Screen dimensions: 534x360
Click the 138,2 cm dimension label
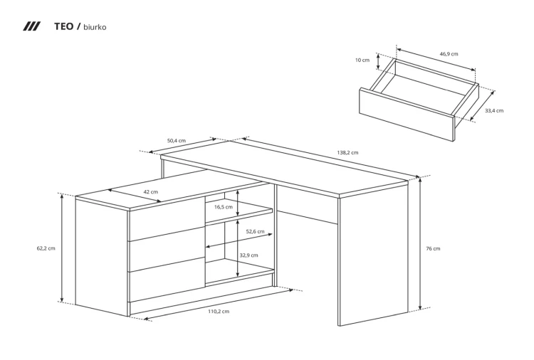point(347,152)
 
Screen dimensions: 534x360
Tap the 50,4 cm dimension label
point(177,141)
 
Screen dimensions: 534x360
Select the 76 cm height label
point(433,248)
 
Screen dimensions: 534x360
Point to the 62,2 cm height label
point(46,248)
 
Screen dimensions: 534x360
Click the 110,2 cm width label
point(219,312)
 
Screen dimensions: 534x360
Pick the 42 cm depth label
point(150,191)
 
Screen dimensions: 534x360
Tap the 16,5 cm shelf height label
point(224,207)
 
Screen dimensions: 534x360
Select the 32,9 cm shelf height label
point(248,255)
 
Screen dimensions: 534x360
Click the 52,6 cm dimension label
point(255,231)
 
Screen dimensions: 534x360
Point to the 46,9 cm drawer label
point(449,54)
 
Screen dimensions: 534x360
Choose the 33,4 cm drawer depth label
point(494,110)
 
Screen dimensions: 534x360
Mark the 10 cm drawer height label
point(362,60)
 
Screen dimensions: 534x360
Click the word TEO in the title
point(63,26)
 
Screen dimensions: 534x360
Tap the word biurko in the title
point(95,27)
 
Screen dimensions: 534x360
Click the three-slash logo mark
point(31,26)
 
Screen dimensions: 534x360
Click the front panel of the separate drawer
point(407,115)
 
